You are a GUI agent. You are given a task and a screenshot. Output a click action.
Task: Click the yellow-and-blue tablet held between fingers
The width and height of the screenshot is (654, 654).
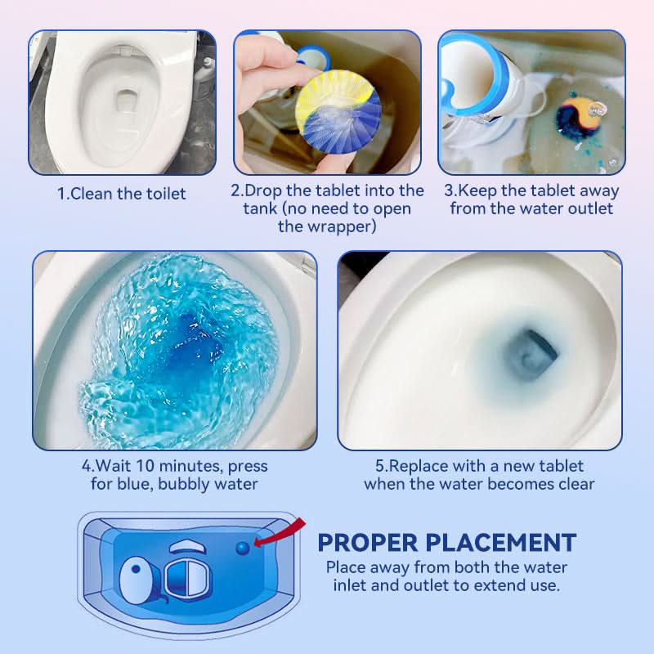(338, 110)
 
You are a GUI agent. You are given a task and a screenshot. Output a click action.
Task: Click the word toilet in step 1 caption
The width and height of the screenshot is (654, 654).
(166, 194)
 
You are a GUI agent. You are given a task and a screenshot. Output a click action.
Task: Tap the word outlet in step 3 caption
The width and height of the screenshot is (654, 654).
(590, 208)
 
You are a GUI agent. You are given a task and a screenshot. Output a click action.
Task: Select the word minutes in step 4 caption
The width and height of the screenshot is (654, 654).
(190, 466)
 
